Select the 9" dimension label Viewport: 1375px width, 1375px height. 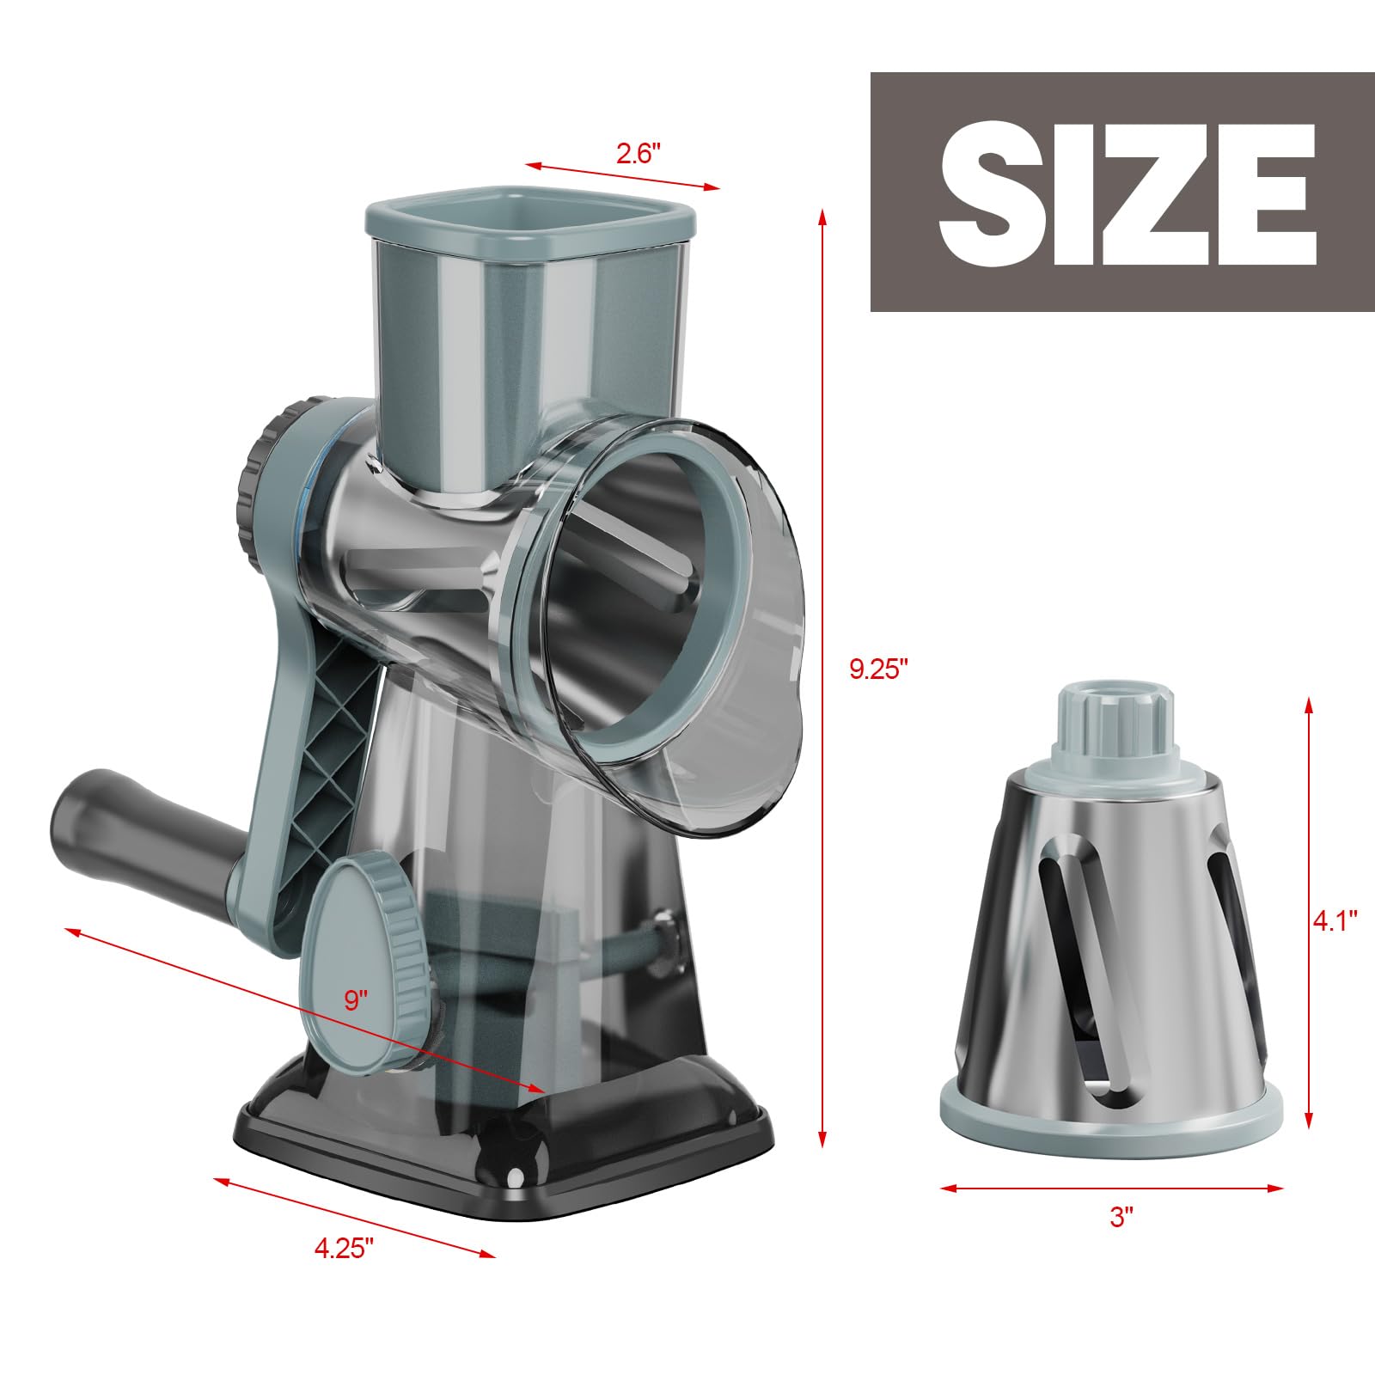[x=356, y=1000]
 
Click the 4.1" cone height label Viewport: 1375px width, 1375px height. [x=1335, y=921]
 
